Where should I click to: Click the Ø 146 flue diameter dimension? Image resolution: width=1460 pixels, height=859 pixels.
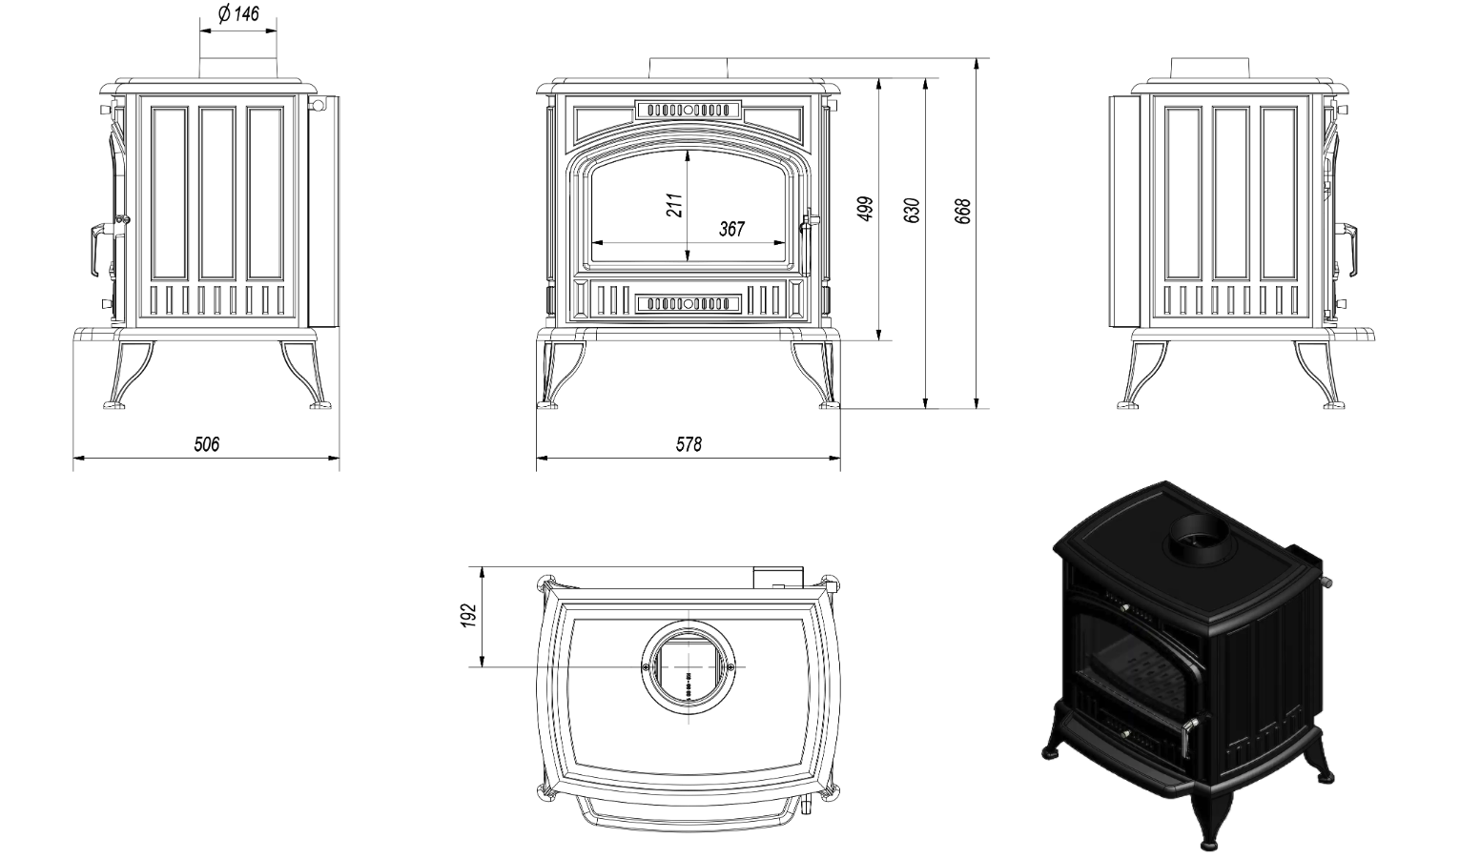(238, 13)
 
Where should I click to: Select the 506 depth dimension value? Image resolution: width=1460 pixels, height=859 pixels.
(207, 444)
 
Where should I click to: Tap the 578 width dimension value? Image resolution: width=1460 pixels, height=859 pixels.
(689, 444)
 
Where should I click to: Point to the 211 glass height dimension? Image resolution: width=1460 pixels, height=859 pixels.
(674, 205)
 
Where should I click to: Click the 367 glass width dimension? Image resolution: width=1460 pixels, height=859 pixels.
(732, 229)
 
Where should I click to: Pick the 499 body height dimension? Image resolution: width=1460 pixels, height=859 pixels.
(866, 209)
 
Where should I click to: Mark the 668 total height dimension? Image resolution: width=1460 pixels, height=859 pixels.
(963, 211)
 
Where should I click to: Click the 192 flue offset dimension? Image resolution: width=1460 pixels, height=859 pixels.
(468, 617)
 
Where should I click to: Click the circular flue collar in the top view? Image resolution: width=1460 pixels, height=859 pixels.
(689, 666)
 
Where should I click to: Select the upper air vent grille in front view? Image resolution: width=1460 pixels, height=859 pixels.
(689, 110)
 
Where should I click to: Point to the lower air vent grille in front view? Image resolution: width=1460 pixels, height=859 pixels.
(689, 304)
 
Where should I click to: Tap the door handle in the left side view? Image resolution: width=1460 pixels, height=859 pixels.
(95, 250)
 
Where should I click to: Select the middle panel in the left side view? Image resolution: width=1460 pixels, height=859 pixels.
(217, 194)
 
